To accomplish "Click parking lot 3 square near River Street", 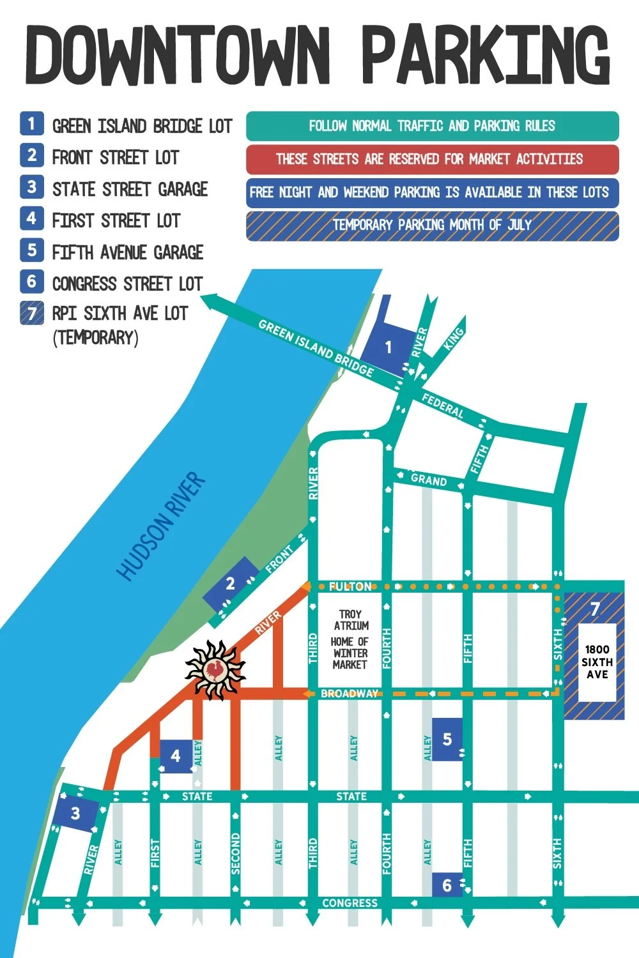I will [x=75, y=814].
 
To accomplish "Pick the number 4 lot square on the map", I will [x=175, y=756].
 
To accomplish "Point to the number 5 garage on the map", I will [x=447, y=739].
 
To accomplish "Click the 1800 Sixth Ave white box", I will [x=597, y=662].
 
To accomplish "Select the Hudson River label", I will [x=162, y=526].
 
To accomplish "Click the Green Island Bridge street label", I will [x=316, y=348].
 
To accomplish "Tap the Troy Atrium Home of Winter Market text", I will [x=350, y=639].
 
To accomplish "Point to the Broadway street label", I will [x=349, y=694].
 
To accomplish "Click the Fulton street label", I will [x=350, y=586].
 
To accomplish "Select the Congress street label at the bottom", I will [x=350, y=903].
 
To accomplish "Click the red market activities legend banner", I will [x=432, y=159].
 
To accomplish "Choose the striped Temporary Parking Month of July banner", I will [x=432, y=225].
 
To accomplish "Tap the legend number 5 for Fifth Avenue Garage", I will [x=32, y=250].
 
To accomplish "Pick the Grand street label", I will [x=428, y=480].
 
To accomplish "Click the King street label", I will [x=454, y=338].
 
